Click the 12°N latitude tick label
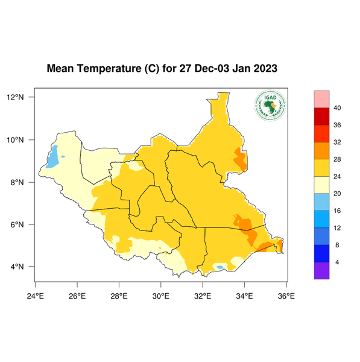pyautogui.click(x=15, y=97)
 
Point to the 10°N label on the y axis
pyautogui.click(x=15, y=140)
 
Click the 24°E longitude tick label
pyautogui.click(x=36, y=296)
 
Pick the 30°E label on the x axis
pyautogui.click(x=160, y=296)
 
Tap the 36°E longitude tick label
pyautogui.click(x=286, y=296)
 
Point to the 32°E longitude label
pyautogui.click(x=203, y=296)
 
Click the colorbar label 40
pyautogui.click(x=338, y=108)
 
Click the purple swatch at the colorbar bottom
pyautogui.click(x=321, y=271)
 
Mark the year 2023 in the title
pyautogui.click(x=265, y=68)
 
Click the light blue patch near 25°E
pyautogui.click(x=52, y=157)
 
